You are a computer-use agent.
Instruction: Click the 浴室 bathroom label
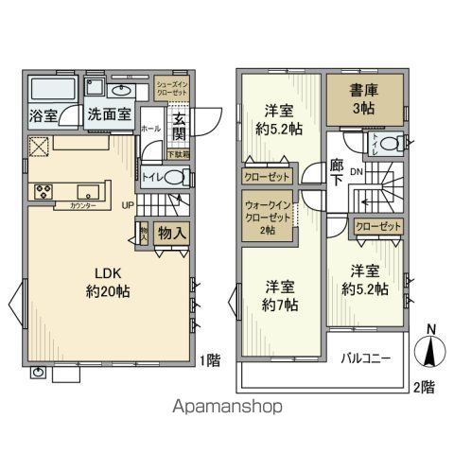(43, 116)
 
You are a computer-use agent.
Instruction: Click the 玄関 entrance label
(179, 127)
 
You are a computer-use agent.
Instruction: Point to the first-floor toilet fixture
(176, 176)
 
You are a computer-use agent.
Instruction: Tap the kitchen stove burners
(44, 191)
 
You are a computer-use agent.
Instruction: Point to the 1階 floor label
(212, 359)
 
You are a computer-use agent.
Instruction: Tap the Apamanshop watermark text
(226, 408)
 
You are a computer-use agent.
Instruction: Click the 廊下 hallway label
(337, 173)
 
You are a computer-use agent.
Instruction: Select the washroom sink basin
(122, 91)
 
